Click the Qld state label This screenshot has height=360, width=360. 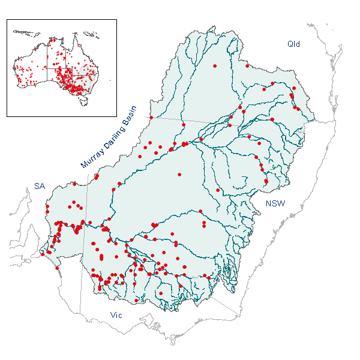[x=293, y=44]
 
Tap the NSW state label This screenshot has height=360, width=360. [x=275, y=204]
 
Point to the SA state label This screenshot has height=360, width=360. [x=39, y=187]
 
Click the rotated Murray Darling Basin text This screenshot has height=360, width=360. [x=109, y=138]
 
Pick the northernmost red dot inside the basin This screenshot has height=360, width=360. [x=215, y=65]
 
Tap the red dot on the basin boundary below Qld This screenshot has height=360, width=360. [x=247, y=66]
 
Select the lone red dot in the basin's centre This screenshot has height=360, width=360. [x=179, y=175]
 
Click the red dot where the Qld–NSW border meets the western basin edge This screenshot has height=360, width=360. [x=151, y=118]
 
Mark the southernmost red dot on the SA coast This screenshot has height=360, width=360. [x=58, y=268]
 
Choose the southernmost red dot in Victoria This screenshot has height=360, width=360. [x=136, y=301]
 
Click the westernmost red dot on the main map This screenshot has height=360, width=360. [x=42, y=254]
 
